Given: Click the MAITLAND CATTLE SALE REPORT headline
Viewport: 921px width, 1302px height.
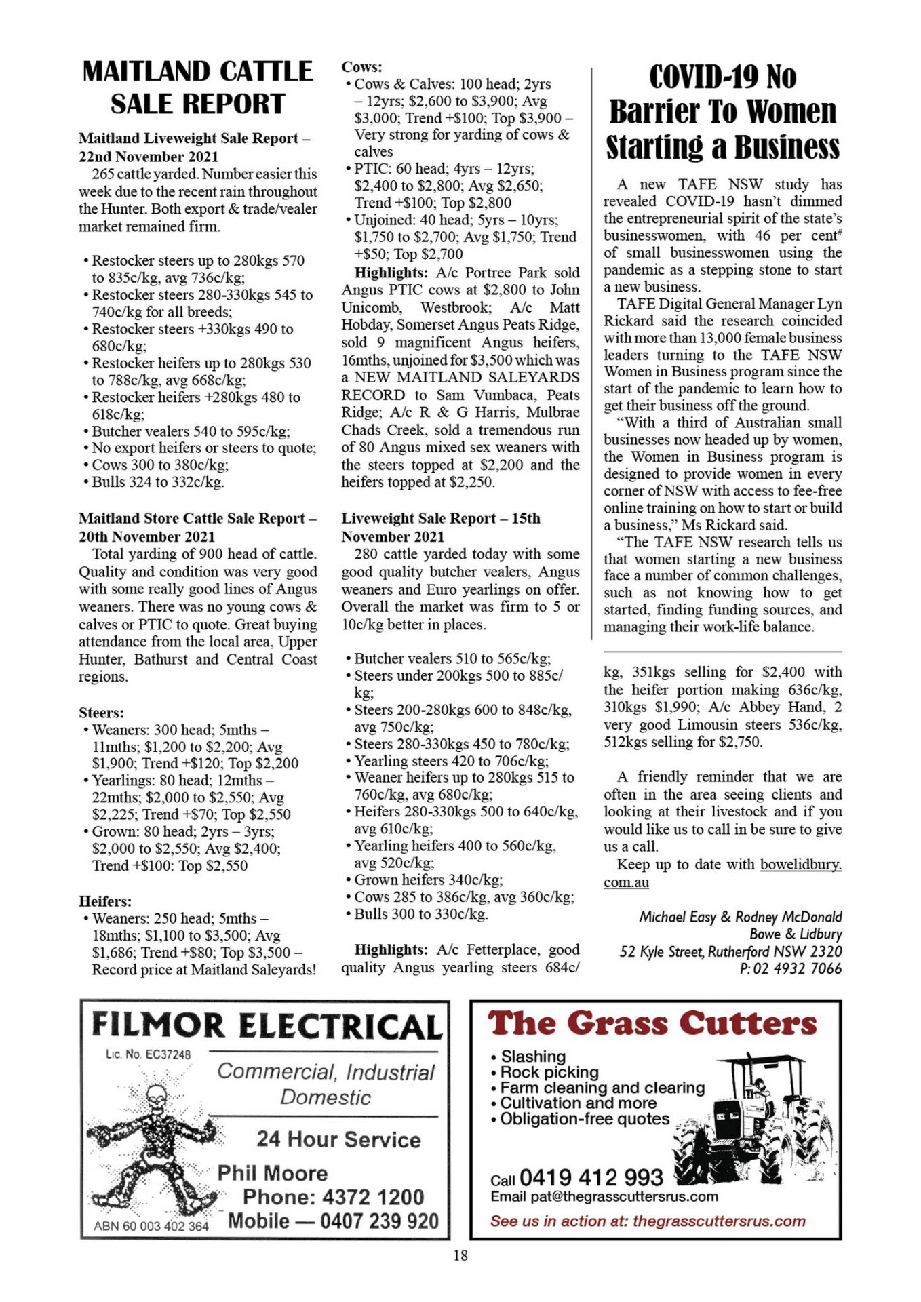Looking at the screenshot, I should tap(197, 87).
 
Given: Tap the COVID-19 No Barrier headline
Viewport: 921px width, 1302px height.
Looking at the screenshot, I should tap(722, 112).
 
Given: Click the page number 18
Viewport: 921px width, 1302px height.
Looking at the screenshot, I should tap(460, 1255).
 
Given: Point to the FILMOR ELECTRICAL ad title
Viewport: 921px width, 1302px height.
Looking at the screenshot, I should tap(267, 1026).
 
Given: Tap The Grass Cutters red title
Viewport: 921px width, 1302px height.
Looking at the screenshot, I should tap(652, 1024).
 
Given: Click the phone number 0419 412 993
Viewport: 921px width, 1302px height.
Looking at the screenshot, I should tap(591, 1177).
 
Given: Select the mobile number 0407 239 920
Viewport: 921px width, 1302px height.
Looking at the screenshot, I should tap(379, 1221).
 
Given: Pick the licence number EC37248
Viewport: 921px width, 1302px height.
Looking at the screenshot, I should tap(148, 1054).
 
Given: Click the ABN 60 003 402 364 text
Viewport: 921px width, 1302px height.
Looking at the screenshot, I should tap(151, 1226).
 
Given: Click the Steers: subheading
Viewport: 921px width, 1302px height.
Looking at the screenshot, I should tap(101, 713).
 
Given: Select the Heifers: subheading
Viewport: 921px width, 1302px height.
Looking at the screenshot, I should tap(105, 901).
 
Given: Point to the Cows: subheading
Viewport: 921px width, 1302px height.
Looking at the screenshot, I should tap(361, 66).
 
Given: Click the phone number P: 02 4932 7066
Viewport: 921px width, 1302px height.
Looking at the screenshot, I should tap(790, 969).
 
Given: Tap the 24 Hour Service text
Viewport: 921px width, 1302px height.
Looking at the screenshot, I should tap(338, 1139).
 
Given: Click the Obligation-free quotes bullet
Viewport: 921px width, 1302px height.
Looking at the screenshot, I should tap(584, 1119).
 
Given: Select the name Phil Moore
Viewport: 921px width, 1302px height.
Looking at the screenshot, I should tap(272, 1173).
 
